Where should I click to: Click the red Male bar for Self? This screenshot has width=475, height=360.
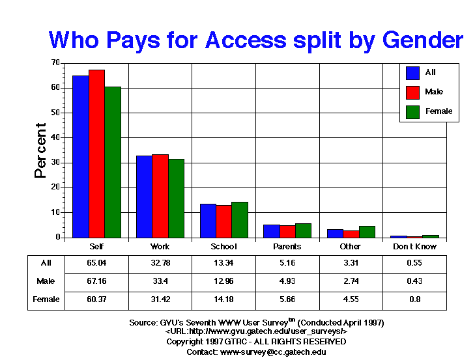pos(96,154)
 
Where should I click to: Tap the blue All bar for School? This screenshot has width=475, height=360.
pos(208,221)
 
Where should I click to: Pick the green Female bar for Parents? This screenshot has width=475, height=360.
pos(303,230)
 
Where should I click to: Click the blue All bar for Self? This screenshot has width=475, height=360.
pos(81,156)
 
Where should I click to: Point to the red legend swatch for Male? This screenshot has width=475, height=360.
pos(412,92)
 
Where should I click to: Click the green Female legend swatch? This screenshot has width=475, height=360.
pos(412,111)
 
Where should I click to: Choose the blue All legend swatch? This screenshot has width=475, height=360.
pos(412,72)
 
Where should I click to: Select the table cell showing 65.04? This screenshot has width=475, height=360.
pos(96,263)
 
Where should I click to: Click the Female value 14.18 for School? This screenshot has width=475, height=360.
pos(223,299)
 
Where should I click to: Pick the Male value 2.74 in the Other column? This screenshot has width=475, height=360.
pos(351,281)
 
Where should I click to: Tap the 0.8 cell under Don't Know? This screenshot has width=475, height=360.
pos(415,299)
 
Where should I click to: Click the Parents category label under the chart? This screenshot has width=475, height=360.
pos(287,247)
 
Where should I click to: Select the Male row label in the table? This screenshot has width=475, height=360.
pos(46,281)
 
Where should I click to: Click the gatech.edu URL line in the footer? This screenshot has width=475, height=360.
pos(257,332)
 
